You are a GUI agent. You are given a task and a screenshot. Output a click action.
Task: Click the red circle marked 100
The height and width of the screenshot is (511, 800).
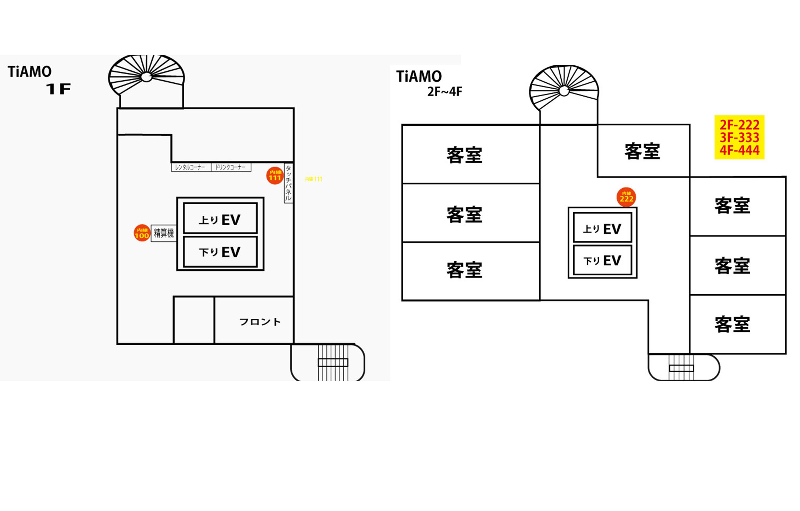coord(142,233)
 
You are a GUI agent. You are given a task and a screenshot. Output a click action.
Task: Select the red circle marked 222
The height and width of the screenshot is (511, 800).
coord(626,197)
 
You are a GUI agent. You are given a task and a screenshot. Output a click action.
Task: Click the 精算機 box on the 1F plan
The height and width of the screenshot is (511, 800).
coord(163,233)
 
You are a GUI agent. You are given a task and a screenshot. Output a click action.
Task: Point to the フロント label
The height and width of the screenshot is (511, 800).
coord(260,322)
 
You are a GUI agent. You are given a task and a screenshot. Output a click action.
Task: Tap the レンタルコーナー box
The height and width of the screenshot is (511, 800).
coord(191,167)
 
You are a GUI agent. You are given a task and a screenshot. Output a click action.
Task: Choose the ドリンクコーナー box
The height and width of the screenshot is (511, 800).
coord(231,167)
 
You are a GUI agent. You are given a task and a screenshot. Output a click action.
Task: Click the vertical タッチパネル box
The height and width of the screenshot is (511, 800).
coord(288,183)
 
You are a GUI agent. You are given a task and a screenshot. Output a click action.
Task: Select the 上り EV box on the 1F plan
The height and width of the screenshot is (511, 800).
coord(220,218)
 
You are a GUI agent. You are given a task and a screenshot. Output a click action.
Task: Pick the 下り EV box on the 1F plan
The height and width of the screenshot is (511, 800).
coord(220,252)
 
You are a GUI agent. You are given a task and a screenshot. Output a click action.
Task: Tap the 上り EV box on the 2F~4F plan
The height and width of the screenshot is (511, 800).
coord(602,228)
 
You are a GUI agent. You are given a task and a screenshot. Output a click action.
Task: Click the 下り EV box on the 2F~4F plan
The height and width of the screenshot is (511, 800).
coord(602,260)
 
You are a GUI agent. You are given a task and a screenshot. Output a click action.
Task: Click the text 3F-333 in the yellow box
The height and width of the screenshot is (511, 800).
coord(739,137)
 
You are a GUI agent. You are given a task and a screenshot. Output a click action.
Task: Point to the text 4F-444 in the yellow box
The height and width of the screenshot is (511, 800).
coord(739,150)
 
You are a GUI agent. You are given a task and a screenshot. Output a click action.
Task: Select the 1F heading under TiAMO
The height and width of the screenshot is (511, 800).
coord(58,89)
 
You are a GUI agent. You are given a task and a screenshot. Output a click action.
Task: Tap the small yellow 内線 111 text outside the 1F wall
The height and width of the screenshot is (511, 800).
coord(314,179)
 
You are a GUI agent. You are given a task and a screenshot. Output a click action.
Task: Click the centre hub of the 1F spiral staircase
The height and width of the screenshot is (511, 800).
coord(146,77)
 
